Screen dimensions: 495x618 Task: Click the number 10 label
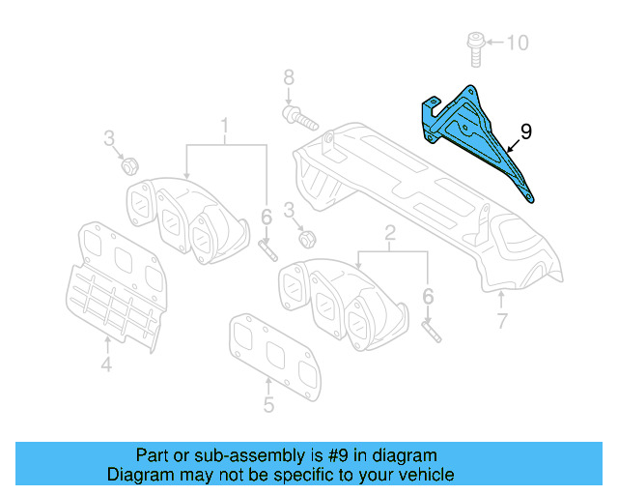pos(518,43)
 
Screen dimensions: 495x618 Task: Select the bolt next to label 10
pos(473,44)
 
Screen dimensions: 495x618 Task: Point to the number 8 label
pos(287,77)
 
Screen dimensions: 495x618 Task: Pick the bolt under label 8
pos(296,119)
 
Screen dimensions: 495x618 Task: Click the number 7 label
pos(501,322)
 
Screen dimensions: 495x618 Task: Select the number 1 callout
pos(226,126)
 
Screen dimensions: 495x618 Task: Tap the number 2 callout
pos(390,233)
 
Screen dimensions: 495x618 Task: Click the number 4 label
pos(106,364)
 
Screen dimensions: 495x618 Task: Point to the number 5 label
pos(268,405)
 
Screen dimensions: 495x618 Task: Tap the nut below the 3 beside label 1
pos(126,165)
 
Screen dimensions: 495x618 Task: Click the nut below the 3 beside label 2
pos(306,236)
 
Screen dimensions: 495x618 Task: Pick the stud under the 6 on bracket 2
pos(431,329)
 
